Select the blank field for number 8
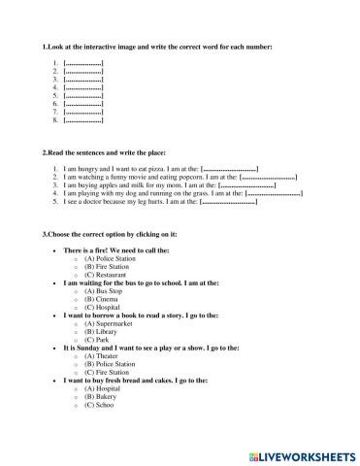click(x=82, y=120)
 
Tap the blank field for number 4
click(x=82, y=88)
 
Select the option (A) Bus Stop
click(x=101, y=290)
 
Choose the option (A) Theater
click(x=100, y=356)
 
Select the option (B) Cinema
click(x=100, y=299)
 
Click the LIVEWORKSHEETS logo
click(x=303, y=455)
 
